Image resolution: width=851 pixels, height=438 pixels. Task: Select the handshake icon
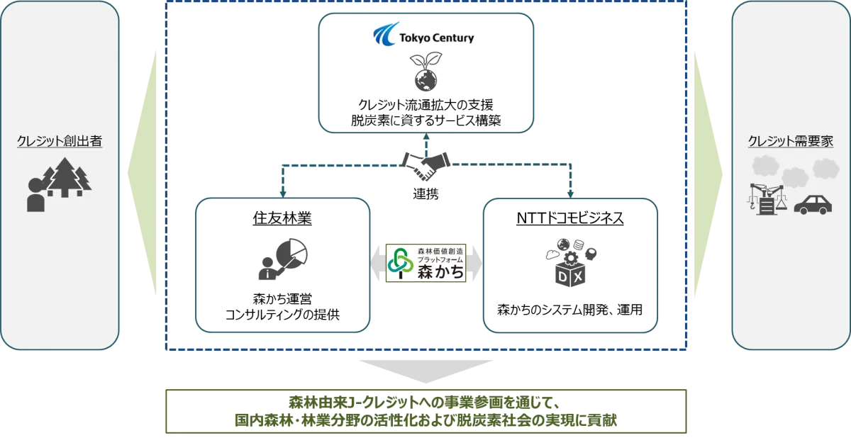(x=425, y=164)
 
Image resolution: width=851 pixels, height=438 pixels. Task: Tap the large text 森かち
(x=440, y=269)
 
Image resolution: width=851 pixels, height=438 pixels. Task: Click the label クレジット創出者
(x=60, y=142)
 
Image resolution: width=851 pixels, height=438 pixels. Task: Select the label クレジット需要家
(x=791, y=142)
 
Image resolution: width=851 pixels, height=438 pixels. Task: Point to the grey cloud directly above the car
(x=824, y=169)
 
